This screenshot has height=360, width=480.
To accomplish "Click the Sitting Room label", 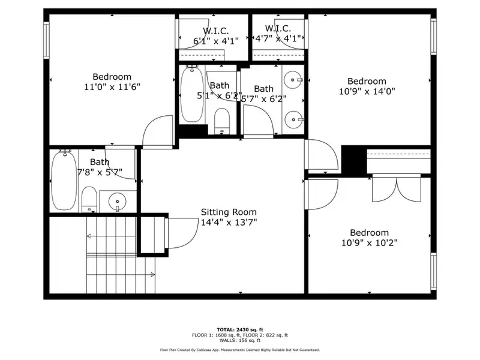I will click(x=229, y=212).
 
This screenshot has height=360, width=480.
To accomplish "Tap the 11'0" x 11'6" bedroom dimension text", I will click(x=112, y=87).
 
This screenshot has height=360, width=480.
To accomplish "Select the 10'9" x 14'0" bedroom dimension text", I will click(x=367, y=92).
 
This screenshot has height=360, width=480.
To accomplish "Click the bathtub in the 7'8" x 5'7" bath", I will click(x=63, y=180).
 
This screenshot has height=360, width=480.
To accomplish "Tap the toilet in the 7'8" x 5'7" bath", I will click(x=89, y=199).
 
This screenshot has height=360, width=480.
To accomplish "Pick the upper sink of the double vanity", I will click(x=293, y=79).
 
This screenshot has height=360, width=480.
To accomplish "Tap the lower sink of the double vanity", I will click(x=293, y=117).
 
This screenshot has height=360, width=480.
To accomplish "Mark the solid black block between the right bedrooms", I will click(x=353, y=160).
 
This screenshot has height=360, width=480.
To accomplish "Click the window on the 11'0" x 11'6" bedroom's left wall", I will click(x=46, y=40).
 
